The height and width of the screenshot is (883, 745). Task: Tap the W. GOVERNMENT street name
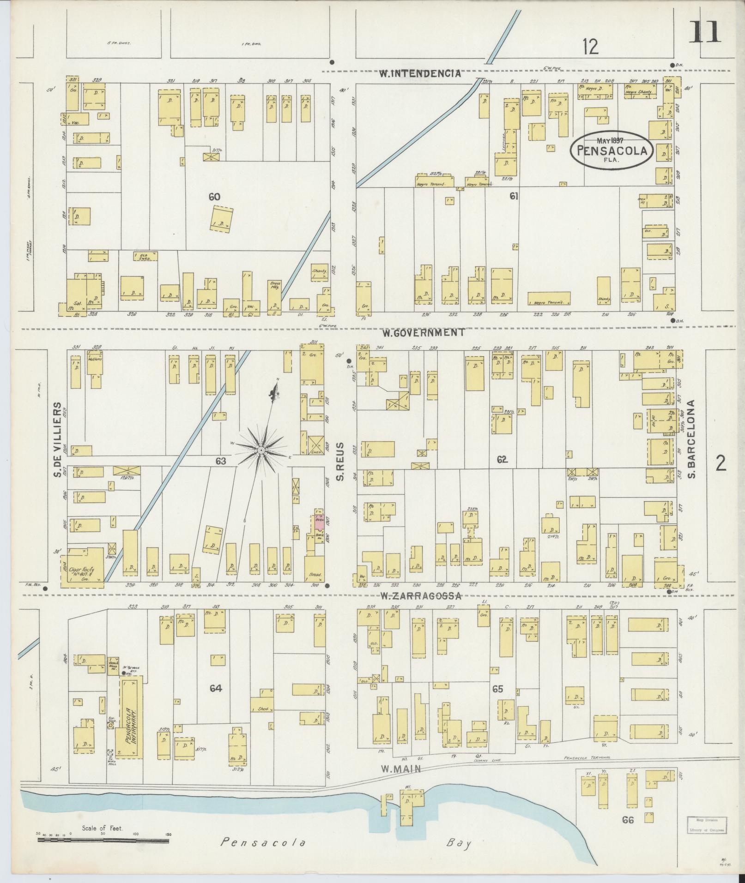422,332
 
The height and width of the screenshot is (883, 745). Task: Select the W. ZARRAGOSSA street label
421,596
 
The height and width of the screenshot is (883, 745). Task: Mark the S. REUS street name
341,461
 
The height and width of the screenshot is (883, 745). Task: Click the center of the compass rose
261,449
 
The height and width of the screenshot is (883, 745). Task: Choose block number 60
214,197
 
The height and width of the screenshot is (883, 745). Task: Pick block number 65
497,689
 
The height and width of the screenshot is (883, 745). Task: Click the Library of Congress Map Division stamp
705,825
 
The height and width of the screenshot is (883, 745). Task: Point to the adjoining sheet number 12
590,47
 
